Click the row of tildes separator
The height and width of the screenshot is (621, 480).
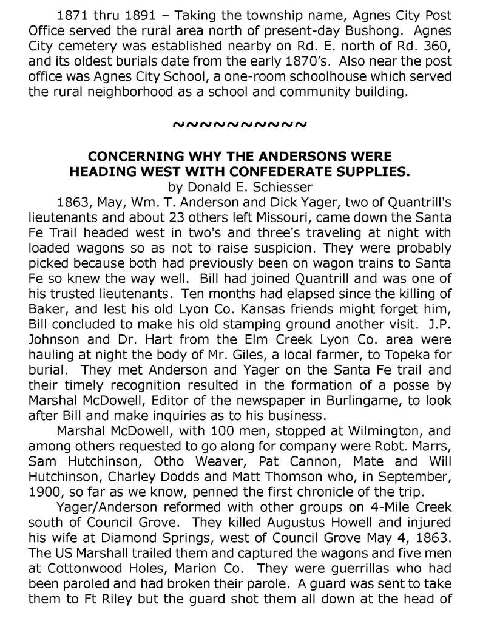click(240, 124)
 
